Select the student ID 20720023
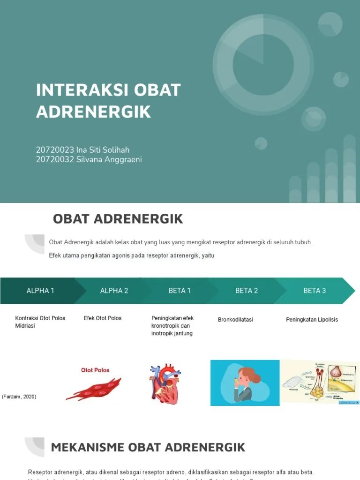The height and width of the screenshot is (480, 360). pos(55,150)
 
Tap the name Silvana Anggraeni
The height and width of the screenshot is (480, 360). pos(109,159)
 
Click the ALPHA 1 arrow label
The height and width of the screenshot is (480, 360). pos(40,291)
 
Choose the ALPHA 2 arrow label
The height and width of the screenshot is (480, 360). pos(114,291)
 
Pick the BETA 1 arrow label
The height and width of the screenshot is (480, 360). pos(180,291)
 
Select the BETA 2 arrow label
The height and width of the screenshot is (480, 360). pos(247,291)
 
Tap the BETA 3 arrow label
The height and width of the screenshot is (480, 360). pos(315,291)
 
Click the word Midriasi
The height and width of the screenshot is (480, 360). pos(25,326)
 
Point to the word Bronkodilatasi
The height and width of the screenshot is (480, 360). pos(235,320)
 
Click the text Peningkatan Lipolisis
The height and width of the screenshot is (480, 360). pos(312,320)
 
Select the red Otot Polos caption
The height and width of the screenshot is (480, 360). pos(95,370)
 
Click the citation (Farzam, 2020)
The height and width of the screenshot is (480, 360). pos(19,397)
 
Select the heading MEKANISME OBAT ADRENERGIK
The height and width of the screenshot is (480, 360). pos(148,447)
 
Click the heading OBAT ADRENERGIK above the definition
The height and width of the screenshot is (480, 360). pos(118,219)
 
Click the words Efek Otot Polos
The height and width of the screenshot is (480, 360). pos(103,318)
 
